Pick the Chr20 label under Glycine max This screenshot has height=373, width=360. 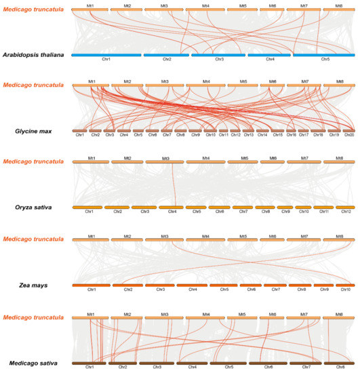click(349, 135)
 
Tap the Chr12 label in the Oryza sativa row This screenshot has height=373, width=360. click(346, 212)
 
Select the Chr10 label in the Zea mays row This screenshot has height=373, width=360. click(345, 290)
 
